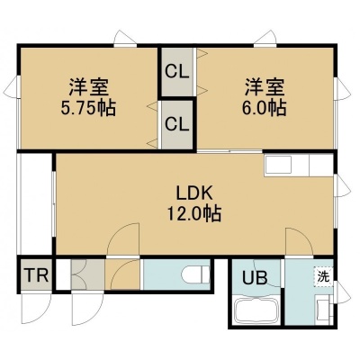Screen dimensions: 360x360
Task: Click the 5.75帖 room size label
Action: tap(88, 109)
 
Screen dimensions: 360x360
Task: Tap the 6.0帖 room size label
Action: tap(264, 109)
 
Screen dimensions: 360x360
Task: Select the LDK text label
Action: tap(194, 193)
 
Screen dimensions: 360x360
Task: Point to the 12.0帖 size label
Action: tap(194, 213)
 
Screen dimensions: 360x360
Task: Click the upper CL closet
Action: tap(177, 72)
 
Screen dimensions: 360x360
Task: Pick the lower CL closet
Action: tap(177, 124)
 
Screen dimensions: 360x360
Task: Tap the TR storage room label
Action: tap(37, 275)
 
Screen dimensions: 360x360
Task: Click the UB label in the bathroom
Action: tap(255, 278)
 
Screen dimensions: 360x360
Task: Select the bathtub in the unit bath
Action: tap(257, 311)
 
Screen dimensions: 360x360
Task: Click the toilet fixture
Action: tap(195, 274)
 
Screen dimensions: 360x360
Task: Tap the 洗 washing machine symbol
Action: tap(323, 275)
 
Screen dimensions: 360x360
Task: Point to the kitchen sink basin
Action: tap(278, 165)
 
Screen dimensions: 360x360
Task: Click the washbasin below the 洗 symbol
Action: tap(323, 309)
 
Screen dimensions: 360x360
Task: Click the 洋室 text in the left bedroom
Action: tap(88, 87)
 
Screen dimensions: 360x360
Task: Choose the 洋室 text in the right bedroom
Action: tap(264, 87)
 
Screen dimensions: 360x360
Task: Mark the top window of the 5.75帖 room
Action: tap(125, 45)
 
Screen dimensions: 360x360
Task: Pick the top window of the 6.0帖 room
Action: tap(265, 45)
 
